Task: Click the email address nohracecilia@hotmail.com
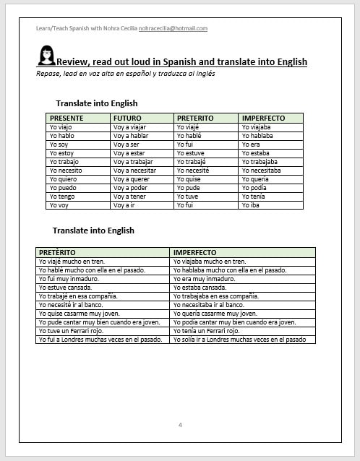click(x=173, y=29)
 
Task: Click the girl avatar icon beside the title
click(x=45, y=56)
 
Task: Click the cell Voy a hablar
click(x=131, y=136)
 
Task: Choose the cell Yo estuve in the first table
click(x=190, y=153)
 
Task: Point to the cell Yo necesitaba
click(x=262, y=171)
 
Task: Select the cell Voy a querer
click(x=132, y=179)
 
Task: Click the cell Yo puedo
click(x=62, y=188)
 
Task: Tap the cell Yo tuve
click(x=188, y=197)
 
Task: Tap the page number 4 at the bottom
click(x=180, y=423)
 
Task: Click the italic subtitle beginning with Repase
click(x=125, y=74)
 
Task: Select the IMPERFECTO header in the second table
click(x=196, y=252)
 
